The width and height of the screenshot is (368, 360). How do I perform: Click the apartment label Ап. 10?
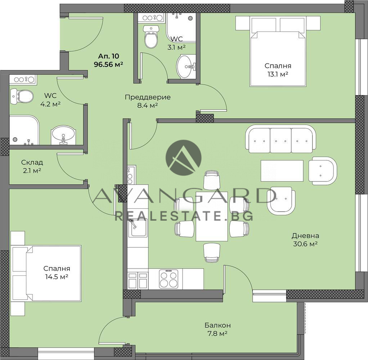(108, 56)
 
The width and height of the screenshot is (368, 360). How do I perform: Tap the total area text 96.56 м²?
(108, 64)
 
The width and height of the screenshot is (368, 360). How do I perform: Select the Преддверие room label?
(148, 97)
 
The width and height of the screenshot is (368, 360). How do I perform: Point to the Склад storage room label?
(32, 162)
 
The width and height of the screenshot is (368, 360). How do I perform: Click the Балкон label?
(217, 325)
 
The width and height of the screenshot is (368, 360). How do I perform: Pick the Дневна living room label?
(305, 235)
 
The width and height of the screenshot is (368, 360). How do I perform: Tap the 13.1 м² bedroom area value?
(278, 75)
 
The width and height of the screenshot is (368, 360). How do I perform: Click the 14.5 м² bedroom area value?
(57, 277)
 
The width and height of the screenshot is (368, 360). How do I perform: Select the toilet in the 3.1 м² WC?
(151, 37)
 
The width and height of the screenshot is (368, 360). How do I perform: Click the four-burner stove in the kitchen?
(169, 279)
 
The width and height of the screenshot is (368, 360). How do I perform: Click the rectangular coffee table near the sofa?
(282, 171)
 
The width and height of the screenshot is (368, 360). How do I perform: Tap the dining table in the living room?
(212, 216)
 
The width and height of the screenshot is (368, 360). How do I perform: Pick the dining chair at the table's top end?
(212, 180)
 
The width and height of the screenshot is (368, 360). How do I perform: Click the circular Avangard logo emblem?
(184, 158)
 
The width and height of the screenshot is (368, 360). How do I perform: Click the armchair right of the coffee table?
(323, 171)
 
